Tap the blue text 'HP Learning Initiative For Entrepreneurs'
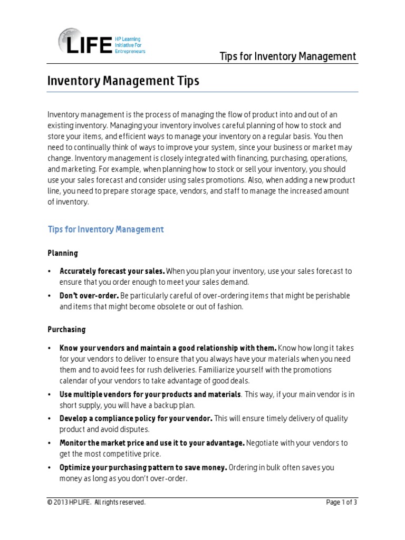click(x=130, y=45)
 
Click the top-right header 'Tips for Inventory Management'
click(x=288, y=56)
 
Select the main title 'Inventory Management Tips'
click(x=123, y=81)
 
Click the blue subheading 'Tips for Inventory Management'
click(x=106, y=229)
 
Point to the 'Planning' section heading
click(x=63, y=253)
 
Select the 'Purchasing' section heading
click(x=66, y=330)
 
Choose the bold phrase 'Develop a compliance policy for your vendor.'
click(x=136, y=418)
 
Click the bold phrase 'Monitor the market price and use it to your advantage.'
click(x=152, y=443)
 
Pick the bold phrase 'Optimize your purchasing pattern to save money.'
click(x=143, y=467)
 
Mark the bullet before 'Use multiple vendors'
click(x=50, y=394)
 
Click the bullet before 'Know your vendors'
click(x=50, y=348)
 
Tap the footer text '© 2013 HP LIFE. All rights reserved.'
click(x=97, y=503)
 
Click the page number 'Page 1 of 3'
click(x=342, y=503)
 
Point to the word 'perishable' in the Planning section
click(x=330, y=296)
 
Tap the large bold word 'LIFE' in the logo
click(x=90, y=45)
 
